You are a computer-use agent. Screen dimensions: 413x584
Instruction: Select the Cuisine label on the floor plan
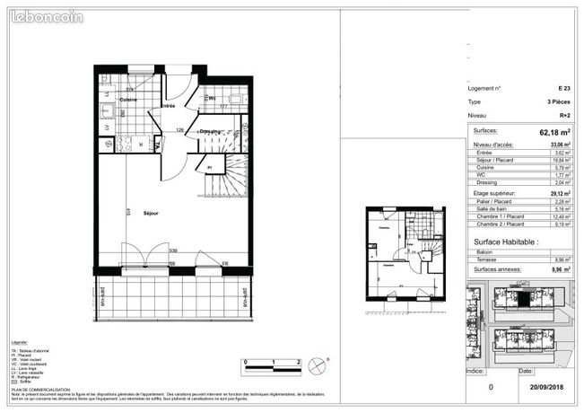(130, 100)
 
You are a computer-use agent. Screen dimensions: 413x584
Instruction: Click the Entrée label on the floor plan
(167, 107)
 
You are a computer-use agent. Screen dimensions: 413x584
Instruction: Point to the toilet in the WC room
(236, 100)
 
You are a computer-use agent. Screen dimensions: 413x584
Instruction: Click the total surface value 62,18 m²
(555, 132)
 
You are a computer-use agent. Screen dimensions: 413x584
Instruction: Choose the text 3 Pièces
(560, 102)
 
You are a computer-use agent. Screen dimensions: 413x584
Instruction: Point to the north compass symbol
(316, 365)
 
